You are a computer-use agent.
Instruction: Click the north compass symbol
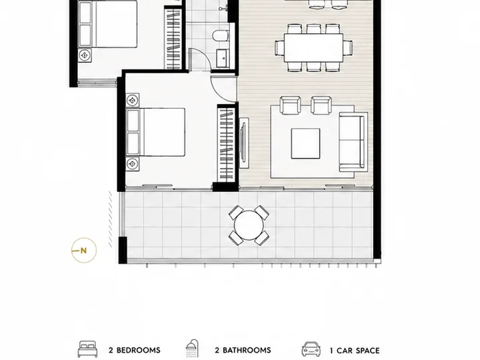[84, 250]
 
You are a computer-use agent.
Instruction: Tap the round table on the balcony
[249, 225]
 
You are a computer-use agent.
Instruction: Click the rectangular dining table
[313, 48]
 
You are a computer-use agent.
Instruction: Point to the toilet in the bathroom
[221, 35]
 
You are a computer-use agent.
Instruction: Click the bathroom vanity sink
[223, 58]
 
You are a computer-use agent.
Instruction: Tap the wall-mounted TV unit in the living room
[244, 143]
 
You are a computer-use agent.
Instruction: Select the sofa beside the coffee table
[353, 142]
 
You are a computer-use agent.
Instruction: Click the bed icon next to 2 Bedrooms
[88, 349]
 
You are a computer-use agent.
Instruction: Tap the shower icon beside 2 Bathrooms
[192, 349]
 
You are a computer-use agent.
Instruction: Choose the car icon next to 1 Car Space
[311, 349]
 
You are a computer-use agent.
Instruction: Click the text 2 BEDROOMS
[135, 350]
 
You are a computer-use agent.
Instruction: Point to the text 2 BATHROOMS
[243, 350]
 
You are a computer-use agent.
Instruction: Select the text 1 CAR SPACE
[355, 351]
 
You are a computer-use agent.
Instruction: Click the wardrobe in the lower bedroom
[226, 143]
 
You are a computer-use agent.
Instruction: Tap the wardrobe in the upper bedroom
[173, 39]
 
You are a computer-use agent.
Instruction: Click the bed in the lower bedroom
[155, 132]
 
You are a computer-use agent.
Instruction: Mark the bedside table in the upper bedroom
[85, 55]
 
